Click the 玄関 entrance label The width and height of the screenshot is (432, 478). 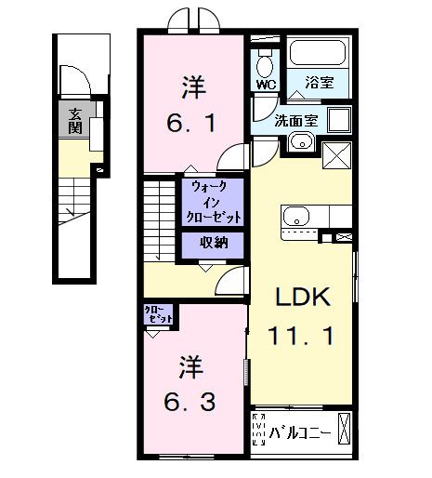[73, 119]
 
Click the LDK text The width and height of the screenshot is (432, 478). [299, 297]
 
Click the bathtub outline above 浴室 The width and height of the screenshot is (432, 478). [318, 54]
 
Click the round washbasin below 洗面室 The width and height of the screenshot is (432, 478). [299, 141]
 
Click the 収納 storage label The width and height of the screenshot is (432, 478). [214, 244]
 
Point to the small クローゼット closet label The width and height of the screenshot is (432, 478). [158, 314]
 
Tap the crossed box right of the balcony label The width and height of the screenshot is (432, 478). [346, 429]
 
